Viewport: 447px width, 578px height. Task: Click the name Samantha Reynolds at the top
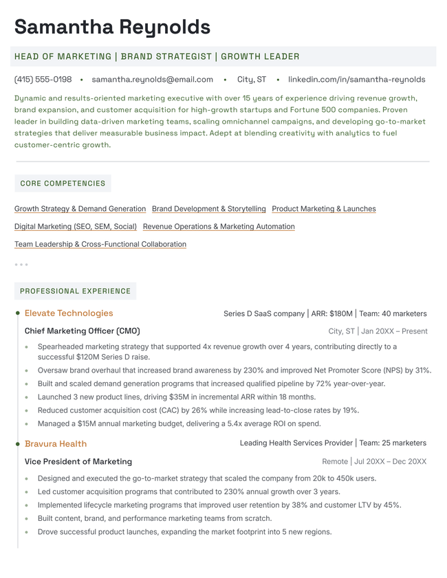click(112, 27)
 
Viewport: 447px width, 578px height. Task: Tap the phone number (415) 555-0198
click(43, 80)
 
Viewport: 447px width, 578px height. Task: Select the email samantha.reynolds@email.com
click(152, 80)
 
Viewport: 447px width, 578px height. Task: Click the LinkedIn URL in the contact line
click(356, 80)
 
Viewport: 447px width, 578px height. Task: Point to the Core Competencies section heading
click(63, 184)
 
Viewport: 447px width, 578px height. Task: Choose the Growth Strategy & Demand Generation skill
click(80, 209)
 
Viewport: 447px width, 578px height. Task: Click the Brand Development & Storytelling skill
click(208, 209)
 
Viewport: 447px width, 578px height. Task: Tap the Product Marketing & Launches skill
click(324, 209)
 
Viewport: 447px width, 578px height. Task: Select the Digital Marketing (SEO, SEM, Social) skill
click(76, 227)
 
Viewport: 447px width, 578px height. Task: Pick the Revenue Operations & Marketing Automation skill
click(219, 227)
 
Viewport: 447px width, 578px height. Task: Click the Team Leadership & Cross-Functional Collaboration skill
click(100, 245)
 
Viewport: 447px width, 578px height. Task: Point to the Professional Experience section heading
click(75, 291)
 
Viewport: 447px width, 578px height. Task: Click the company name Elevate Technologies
click(69, 313)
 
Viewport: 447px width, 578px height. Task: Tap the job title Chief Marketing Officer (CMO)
click(83, 331)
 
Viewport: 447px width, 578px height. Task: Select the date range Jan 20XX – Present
click(394, 331)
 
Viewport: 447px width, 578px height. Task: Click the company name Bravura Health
click(56, 444)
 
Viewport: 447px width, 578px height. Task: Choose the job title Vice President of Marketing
click(78, 462)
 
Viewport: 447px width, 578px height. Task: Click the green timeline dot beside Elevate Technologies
click(18, 313)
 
